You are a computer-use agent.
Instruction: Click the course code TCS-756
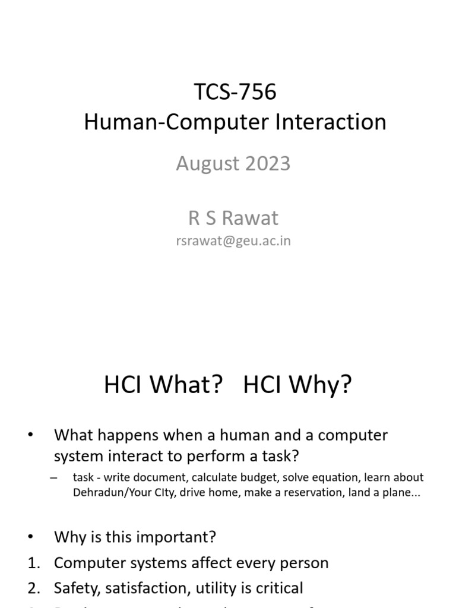tap(235, 92)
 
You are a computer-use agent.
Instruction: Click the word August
tap(207, 163)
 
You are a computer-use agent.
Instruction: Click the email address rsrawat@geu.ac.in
tap(233, 241)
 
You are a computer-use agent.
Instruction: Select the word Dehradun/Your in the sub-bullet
tap(113, 493)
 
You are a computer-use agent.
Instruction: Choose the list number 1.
tap(34, 563)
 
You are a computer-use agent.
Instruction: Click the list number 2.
tap(34, 588)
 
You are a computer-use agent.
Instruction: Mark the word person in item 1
tap(303, 563)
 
